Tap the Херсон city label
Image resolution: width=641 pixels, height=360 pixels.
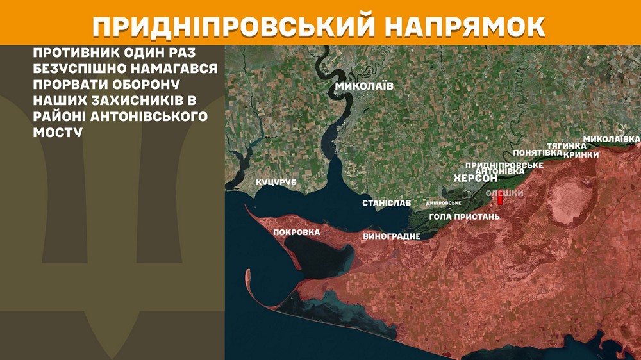pyautogui.click(x=476, y=179)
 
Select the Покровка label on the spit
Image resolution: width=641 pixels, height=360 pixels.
pyautogui.click(x=296, y=232)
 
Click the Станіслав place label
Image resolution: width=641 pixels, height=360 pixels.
pyautogui.click(x=387, y=203)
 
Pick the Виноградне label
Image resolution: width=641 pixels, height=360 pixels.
pyautogui.click(x=392, y=236)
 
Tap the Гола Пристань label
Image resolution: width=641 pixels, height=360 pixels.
pyautogui.click(x=464, y=217)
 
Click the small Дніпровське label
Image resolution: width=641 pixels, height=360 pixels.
pyautogui.click(x=444, y=204)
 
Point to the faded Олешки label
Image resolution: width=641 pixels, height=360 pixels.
pyautogui.click(x=505, y=193)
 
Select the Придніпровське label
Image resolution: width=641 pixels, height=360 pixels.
pyautogui.click(x=504, y=165)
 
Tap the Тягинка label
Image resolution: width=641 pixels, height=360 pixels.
pyautogui.click(x=566, y=146)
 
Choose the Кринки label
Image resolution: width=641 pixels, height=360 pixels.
pyautogui.click(x=581, y=154)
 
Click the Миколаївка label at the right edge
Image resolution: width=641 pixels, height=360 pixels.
pyautogui.click(x=612, y=139)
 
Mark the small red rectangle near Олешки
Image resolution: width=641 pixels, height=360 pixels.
pyautogui.click(x=501, y=200)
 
